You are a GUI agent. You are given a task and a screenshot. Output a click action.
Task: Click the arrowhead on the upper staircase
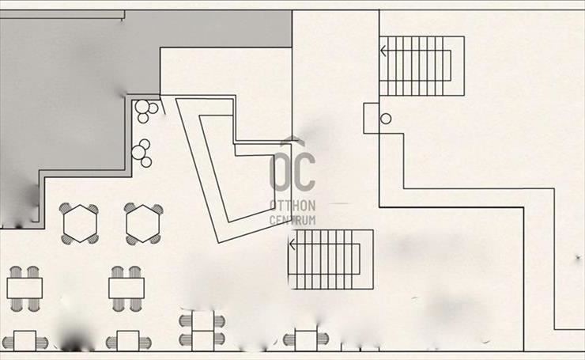point(383,51)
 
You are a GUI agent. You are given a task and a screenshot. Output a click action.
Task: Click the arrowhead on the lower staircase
point(292,244)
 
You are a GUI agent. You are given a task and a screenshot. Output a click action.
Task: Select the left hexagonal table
point(80,223)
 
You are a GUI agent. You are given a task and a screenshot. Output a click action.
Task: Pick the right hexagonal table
point(143,223)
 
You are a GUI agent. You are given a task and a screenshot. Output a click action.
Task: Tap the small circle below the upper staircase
point(386,119)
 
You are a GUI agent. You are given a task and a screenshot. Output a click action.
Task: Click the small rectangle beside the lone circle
point(372,119)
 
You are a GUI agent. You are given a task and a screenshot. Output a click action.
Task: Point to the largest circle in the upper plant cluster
point(142,107)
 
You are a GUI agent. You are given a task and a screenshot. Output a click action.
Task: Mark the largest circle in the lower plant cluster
point(138,152)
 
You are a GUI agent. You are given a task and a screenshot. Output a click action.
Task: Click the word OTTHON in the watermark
point(292,206)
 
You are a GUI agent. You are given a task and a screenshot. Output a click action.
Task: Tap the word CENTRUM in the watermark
point(292,220)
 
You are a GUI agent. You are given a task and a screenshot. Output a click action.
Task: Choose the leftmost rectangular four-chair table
point(25,288)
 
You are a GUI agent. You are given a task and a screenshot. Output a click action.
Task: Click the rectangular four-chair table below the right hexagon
point(126,288)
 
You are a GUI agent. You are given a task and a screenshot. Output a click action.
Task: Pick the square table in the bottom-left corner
point(25,340)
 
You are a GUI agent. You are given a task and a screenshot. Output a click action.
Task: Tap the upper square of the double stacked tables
point(203,320)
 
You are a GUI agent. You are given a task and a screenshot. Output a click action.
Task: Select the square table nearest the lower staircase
point(306,340)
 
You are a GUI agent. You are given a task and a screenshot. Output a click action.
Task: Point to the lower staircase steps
point(330,260)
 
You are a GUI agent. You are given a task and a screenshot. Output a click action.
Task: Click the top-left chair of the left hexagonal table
point(66,208)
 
